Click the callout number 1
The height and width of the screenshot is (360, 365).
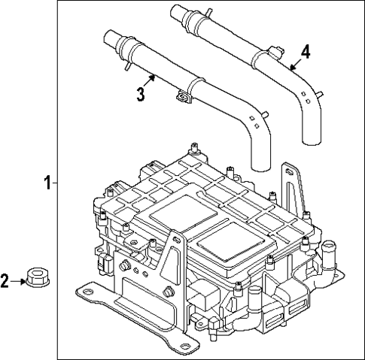pos(47,183)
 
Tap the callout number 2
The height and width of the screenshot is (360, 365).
pos(5,282)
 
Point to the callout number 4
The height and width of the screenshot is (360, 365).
pos(306,52)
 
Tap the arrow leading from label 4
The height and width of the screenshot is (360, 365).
pos(295,63)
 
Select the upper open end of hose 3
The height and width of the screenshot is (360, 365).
pos(105,37)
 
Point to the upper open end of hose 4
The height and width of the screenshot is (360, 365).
pos(176,11)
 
